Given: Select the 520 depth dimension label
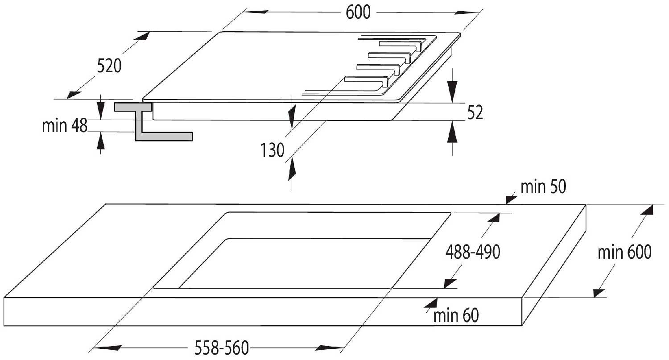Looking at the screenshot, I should coord(109,66).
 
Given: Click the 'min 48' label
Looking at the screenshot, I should coord(65,126).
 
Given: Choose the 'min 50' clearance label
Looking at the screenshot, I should coord(543,188).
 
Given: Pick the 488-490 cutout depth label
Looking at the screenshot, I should coord(473,252).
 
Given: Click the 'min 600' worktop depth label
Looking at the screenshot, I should coord(624,253).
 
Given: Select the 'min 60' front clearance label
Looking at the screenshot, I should coord(455,316).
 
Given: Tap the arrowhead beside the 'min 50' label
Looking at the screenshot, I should coord(510,199).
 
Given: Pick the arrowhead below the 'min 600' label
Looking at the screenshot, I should coord(600,292).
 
